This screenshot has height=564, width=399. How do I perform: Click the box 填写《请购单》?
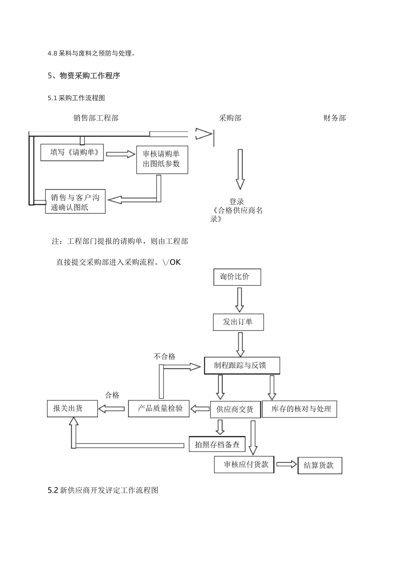(x=72, y=152)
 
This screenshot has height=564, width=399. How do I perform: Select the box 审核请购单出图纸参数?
(x=162, y=159)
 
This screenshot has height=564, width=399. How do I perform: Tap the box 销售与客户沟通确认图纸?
(x=75, y=202)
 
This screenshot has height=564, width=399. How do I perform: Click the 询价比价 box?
(x=237, y=277)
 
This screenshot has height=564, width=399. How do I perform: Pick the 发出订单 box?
(x=238, y=322)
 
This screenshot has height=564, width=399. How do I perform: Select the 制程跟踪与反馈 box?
(x=241, y=366)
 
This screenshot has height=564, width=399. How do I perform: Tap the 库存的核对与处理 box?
(x=299, y=409)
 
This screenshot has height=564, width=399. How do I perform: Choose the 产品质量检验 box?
(x=159, y=408)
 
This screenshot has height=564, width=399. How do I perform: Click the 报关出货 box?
(x=72, y=408)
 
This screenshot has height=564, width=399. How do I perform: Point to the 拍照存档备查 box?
(x=217, y=444)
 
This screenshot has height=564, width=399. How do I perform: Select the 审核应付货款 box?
(x=244, y=465)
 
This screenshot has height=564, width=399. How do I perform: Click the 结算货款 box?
(x=320, y=465)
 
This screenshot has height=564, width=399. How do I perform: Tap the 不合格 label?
(x=165, y=357)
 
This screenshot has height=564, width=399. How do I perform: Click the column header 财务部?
(x=334, y=118)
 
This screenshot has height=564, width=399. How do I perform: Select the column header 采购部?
(x=230, y=118)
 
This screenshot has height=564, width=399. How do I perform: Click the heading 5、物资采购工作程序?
(x=84, y=76)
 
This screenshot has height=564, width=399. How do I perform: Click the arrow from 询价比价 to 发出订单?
(x=239, y=300)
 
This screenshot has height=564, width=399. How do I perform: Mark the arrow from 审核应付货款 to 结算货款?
(x=286, y=465)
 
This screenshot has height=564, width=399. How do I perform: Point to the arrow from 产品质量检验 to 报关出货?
(x=113, y=408)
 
